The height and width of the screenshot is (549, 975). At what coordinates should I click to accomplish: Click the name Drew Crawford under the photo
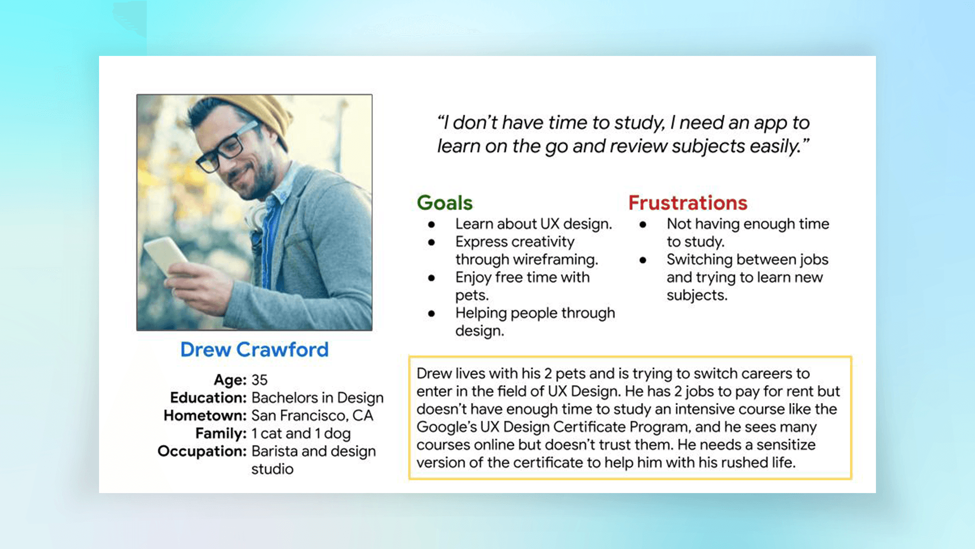(x=254, y=350)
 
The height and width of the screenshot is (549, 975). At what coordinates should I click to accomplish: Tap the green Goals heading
(x=445, y=203)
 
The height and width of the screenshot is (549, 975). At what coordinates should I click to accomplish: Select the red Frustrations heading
(x=688, y=203)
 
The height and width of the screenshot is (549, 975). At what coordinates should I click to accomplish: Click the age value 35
(x=259, y=380)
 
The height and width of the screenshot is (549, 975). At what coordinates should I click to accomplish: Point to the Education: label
(x=208, y=398)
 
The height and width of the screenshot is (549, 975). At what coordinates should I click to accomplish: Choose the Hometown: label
(x=205, y=415)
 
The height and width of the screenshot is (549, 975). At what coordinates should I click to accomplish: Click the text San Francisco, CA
(x=312, y=416)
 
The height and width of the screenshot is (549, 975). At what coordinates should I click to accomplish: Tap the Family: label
(x=221, y=434)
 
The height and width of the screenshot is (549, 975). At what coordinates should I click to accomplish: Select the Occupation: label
(x=202, y=451)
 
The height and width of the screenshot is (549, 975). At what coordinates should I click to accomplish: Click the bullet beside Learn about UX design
(x=431, y=224)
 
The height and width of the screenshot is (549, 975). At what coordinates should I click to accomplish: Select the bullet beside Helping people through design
(x=431, y=314)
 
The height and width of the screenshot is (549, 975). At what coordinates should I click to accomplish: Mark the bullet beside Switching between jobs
(x=643, y=260)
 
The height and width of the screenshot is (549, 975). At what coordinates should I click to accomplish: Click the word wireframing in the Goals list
(x=555, y=260)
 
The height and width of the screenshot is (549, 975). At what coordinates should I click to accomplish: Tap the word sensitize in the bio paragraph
(x=786, y=445)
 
